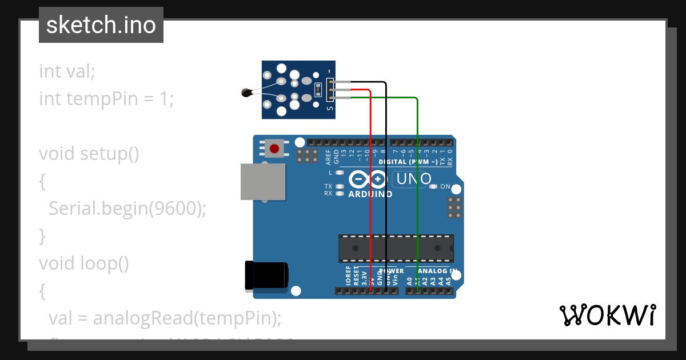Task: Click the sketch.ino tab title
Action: [x=101, y=25]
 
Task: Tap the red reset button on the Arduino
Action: [x=274, y=149]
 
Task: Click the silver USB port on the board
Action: [x=262, y=182]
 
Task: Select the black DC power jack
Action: [x=266, y=275]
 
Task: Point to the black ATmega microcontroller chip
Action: [x=396, y=248]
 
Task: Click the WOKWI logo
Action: [x=607, y=315]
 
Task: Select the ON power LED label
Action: [x=445, y=187]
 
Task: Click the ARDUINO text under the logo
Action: [x=370, y=194]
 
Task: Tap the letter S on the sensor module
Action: [x=329, y=107]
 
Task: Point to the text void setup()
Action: [x=89, y=154]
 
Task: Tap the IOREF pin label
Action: [x=348, y=275]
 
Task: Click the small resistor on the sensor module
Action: [x=318, y=89]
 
